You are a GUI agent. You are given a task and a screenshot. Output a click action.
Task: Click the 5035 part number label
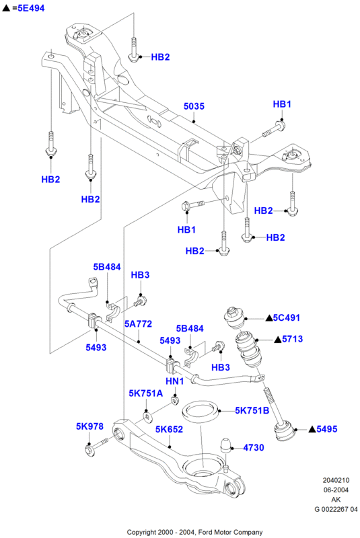pyautogui.click(x=194, y=106)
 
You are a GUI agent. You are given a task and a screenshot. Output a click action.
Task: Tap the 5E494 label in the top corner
pyautogui.click(x=31, y=8)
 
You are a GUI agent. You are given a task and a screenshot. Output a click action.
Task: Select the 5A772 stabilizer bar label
pyautogui.click(x=138, y=324)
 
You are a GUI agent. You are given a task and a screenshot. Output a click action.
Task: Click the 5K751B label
pyautogui.click(x=252, y=410)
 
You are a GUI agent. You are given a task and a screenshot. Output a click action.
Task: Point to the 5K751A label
pyautogui.click(x=146, y=393)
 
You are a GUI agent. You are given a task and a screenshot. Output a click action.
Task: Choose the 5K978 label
pyautogui.click(x=89, y=426)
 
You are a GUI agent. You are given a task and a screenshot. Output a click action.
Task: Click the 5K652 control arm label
pyautogui.click(x=169, y=429)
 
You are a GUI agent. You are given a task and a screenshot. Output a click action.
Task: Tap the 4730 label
pyautogui.click(x=254, y=447)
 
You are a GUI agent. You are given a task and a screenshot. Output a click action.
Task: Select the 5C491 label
pyautogui.click(x=287, y=317)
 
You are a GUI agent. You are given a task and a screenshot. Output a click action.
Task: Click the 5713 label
pyautogui.click(x=293, y=339)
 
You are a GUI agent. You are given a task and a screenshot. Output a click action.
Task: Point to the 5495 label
pyautogui.click(x=327, y=429)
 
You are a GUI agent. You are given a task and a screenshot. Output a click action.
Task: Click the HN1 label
pyautogui.click(x=175, y=381)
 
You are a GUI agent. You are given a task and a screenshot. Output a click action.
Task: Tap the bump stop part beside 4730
pyautogui.click(x=225, y=445)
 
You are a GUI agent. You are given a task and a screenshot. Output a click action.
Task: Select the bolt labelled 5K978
pyautogui.click(x=97, y=447)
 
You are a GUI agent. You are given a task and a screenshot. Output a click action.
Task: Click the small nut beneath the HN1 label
pyautogui.click(x=176, y=400)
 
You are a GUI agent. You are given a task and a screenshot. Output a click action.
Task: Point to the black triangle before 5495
pyautogui.click(x=312, y=429)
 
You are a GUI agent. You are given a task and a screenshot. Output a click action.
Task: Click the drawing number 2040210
pyautogui.click(x=336, y=480)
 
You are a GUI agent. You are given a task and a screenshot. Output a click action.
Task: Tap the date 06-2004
pyautogui.click(x=336, y=490)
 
